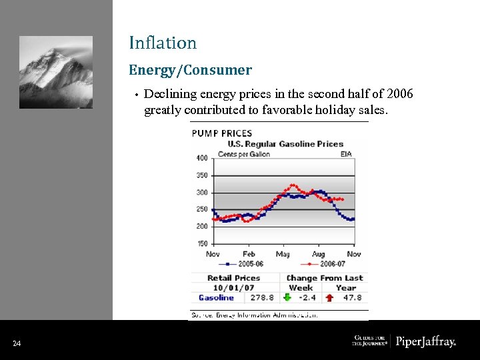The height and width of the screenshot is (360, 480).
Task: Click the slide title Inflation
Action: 163,43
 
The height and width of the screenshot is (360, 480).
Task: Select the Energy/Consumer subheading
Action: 190,70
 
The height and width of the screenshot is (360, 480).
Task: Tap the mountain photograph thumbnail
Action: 56,72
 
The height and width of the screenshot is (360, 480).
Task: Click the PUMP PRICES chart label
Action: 222,133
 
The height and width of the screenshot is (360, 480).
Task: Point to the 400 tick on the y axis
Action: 201,159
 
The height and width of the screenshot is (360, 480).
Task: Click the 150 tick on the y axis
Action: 201,244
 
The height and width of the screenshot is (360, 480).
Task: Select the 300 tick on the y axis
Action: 201,193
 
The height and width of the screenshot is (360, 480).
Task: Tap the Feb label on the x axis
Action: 248,254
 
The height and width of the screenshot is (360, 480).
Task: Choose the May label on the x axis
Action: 283,254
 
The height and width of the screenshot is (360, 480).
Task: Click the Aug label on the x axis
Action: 319,254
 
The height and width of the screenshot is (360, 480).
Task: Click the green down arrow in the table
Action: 287,298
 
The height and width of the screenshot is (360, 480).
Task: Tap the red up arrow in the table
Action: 329,298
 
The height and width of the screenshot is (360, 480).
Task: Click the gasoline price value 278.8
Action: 261,298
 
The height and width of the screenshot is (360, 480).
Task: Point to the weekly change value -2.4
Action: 307,298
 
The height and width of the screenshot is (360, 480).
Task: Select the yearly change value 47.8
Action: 351,298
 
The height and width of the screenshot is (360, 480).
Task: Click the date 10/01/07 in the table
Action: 233,288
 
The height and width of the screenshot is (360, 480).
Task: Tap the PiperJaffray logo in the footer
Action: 425,342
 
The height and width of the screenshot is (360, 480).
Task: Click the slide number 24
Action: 17,344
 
